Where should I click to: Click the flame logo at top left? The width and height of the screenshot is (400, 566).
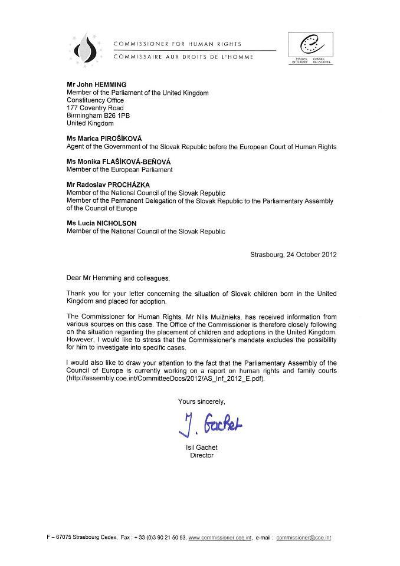[x=89, y=49]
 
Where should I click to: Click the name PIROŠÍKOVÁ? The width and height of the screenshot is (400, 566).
[x=124, y=139]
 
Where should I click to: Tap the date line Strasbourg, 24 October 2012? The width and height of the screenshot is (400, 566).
[x=293, y=255]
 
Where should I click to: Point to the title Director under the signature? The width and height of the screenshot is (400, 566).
[x=201, y=456]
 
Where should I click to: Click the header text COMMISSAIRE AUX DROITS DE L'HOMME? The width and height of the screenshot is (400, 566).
[x=183, y=57]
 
